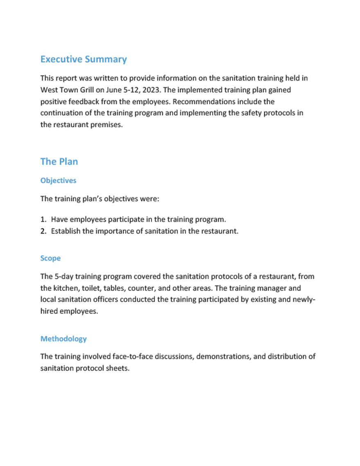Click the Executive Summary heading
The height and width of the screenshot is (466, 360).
coord(83,59)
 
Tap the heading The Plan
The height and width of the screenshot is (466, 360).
coord(59,162)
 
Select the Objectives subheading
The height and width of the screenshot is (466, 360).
coord(58,180)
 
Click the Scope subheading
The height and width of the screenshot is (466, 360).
coord(50,258)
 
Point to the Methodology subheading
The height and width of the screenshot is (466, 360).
coord(63,339)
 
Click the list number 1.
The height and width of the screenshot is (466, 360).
coord(43,219)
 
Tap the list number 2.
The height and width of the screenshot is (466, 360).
coord(43,231)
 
